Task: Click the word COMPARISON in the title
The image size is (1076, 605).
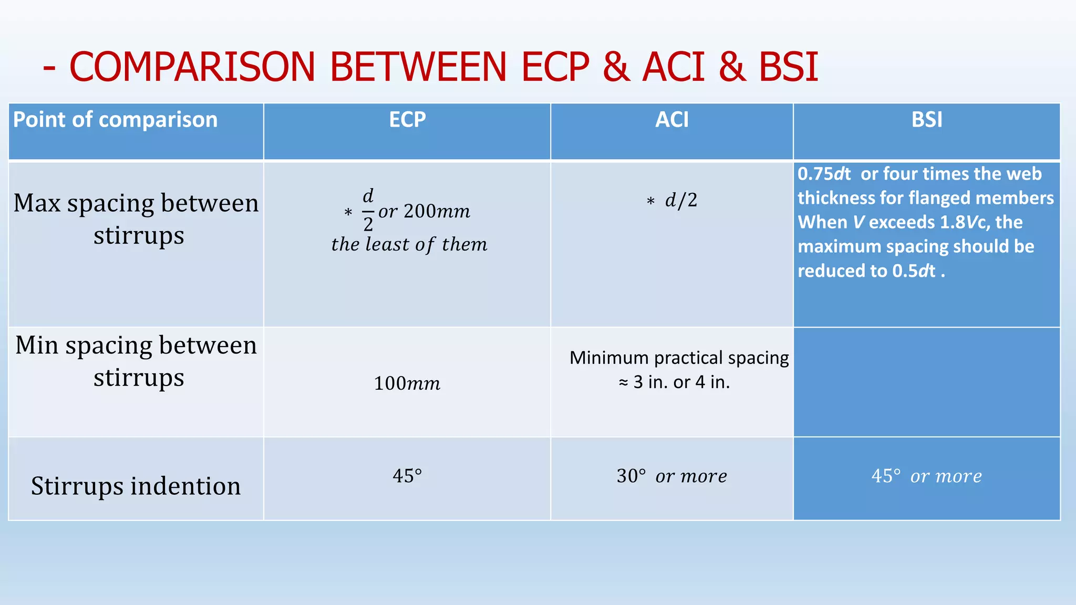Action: pyautogui.click(x=192, y=67)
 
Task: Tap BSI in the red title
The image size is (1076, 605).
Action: pyautogui.click(x=788, y=67)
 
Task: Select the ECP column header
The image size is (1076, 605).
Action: pyautogui.click(x=407, y=120)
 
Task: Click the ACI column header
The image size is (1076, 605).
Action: pyautogui.click(x=671, y=120)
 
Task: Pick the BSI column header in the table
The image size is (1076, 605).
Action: pyautogui.click(x=927, y=120)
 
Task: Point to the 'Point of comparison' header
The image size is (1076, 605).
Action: pyautogui.click(x=115, y=120)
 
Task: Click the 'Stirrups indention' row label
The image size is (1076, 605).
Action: pyautogui.click(x=136, y=486)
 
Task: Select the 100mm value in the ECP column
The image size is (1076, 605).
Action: pyautogui.click(x=407, y=383)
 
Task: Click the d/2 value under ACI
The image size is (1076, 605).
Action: pyautogui.click(x=681, y=200)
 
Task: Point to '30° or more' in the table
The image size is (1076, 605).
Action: pyautogui.click(x=671, y=476)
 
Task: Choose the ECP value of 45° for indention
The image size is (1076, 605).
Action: pyautogui.click(x=407, y=476)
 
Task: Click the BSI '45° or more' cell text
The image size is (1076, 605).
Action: pyautogui.click(x=926, y=476)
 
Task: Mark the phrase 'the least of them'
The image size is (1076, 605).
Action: pyautogui.click(x=409, y=244)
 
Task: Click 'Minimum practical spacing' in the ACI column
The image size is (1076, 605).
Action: pyautogui.click(x=679, y=358)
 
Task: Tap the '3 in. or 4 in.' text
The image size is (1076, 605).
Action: pyautogui.click(x=681, y=382)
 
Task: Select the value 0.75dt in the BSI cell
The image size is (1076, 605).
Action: pyautogui.click(x=824, y=174)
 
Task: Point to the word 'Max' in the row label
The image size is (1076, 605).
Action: pyautogui.click(x=36, y=203)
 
